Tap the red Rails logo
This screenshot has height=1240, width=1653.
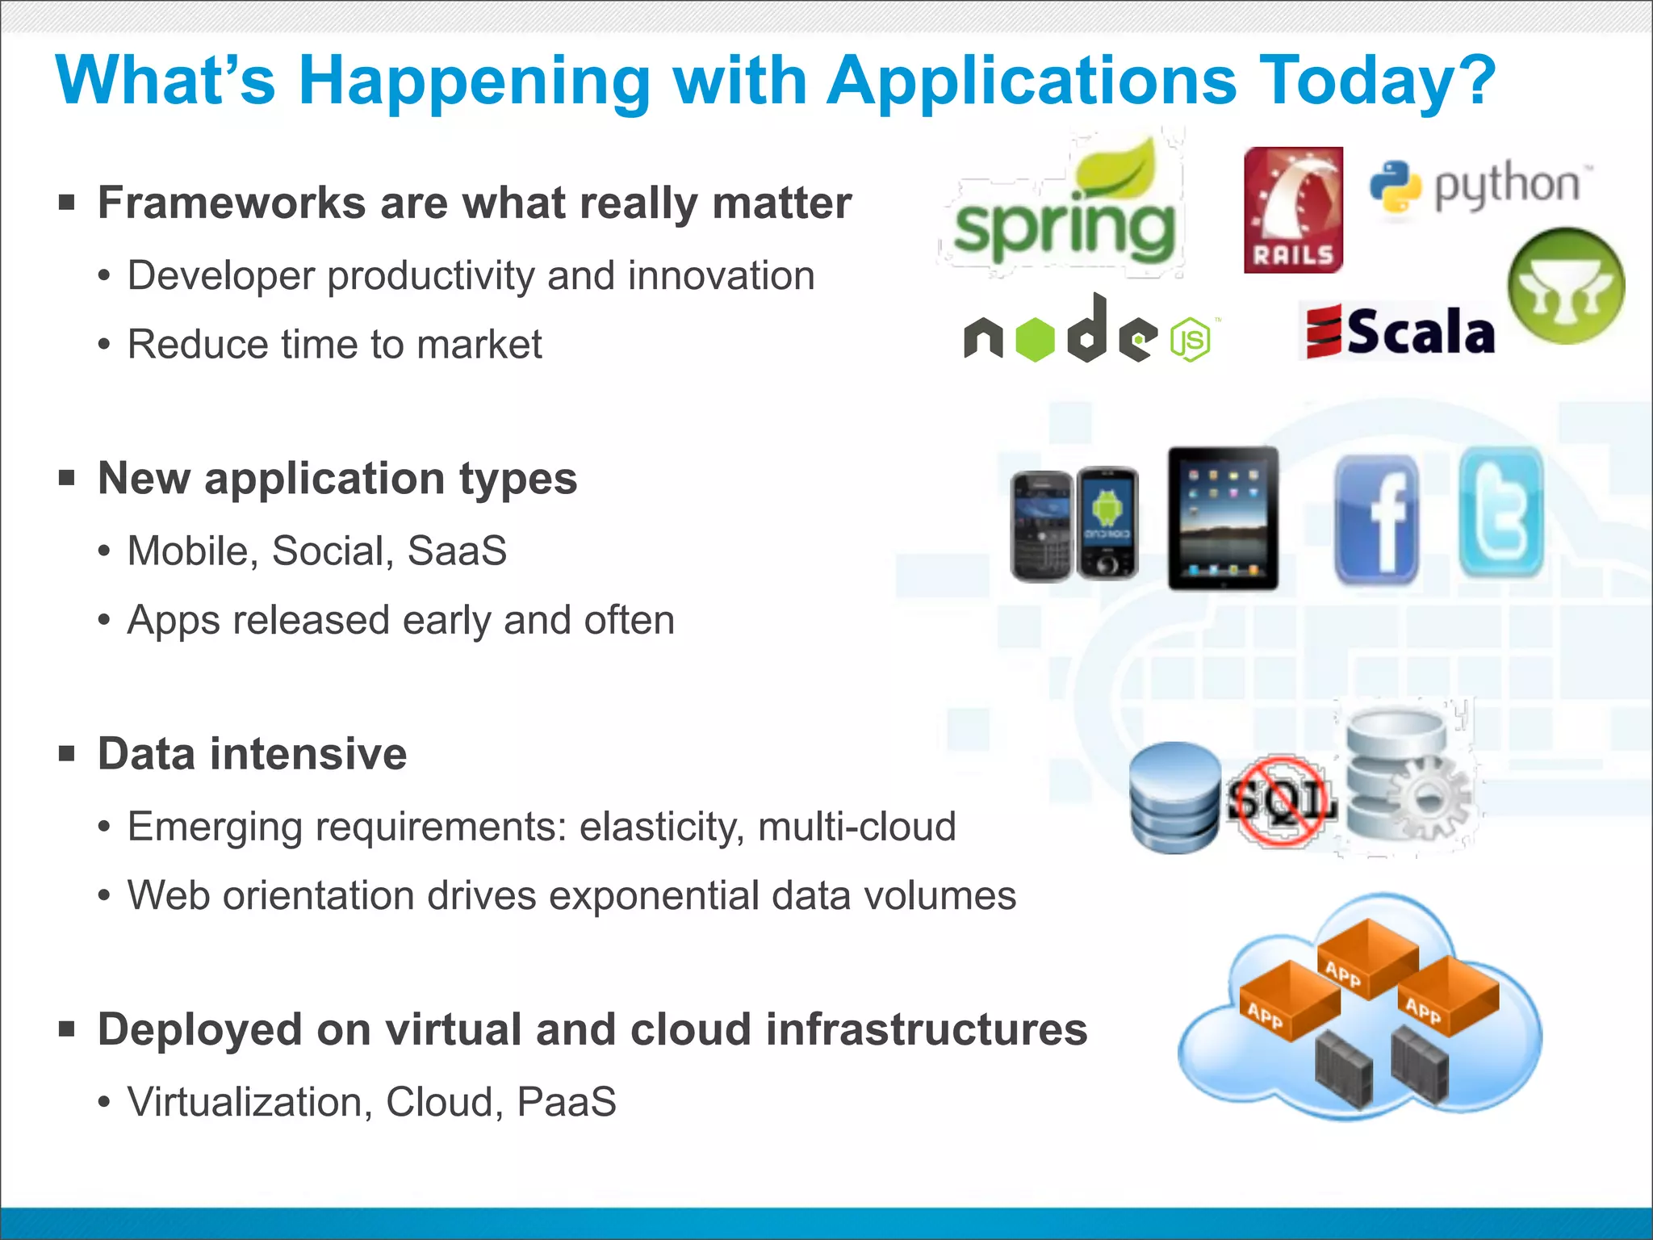(x=1293, y=210)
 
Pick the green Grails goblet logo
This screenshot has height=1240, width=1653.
(x=1566, y=286)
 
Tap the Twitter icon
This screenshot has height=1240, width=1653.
(x=1501, y=513)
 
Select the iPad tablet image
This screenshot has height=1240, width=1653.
(x=1224, y=517)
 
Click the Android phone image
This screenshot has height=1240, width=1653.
(x=1108, y=523)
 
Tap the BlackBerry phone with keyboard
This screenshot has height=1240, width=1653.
(x=1042, y=526)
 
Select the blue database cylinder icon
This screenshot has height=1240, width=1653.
(x=1175, y=798)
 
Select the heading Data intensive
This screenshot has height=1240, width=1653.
(x=252, y=754)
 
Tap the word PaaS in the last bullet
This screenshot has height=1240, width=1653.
(x=567, y=1102)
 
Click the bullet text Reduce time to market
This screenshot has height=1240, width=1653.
(x=334, y=345)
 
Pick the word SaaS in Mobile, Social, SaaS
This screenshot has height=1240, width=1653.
(x=457, y=551)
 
